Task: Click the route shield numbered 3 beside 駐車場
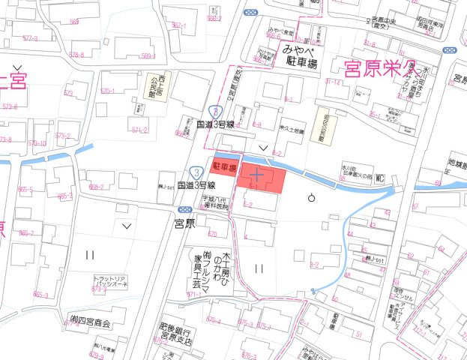(196, 172)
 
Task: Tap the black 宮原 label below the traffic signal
(184, 223)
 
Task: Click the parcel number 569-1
(148, 55)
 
